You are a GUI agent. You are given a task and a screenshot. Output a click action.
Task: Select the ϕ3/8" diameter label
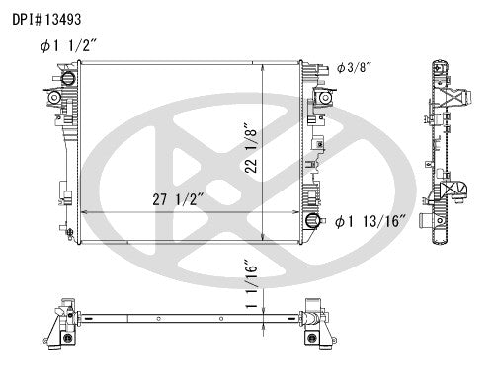coord(353,67)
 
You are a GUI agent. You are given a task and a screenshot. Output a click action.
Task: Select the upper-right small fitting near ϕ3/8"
coord(321,96)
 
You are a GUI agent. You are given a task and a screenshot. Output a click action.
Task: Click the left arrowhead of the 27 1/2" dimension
coord(82,212)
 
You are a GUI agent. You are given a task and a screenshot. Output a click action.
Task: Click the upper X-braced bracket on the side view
coord(450,100)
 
